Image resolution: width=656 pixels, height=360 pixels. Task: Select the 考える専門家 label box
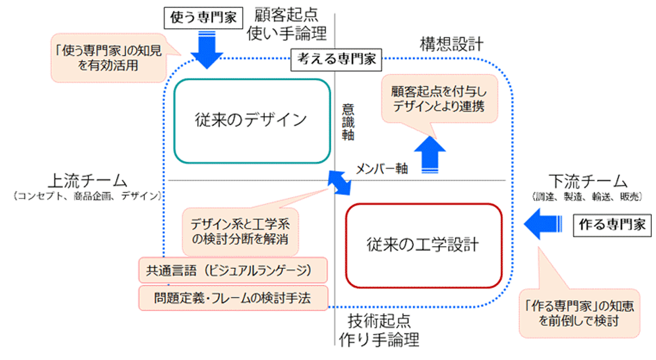(x=335, y=59)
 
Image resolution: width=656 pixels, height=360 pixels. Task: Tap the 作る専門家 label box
(x=612, y=225)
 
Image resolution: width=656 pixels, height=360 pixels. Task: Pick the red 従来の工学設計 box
(x=423, y=245)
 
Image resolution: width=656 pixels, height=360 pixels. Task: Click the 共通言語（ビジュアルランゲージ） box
(x=233, y=271)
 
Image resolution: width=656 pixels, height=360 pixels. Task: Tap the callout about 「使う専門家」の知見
(x=107, y=59)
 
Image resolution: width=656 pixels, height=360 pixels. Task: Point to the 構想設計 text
(x=451, y=44)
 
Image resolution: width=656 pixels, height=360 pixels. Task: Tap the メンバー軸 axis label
(x=382, y=169)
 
